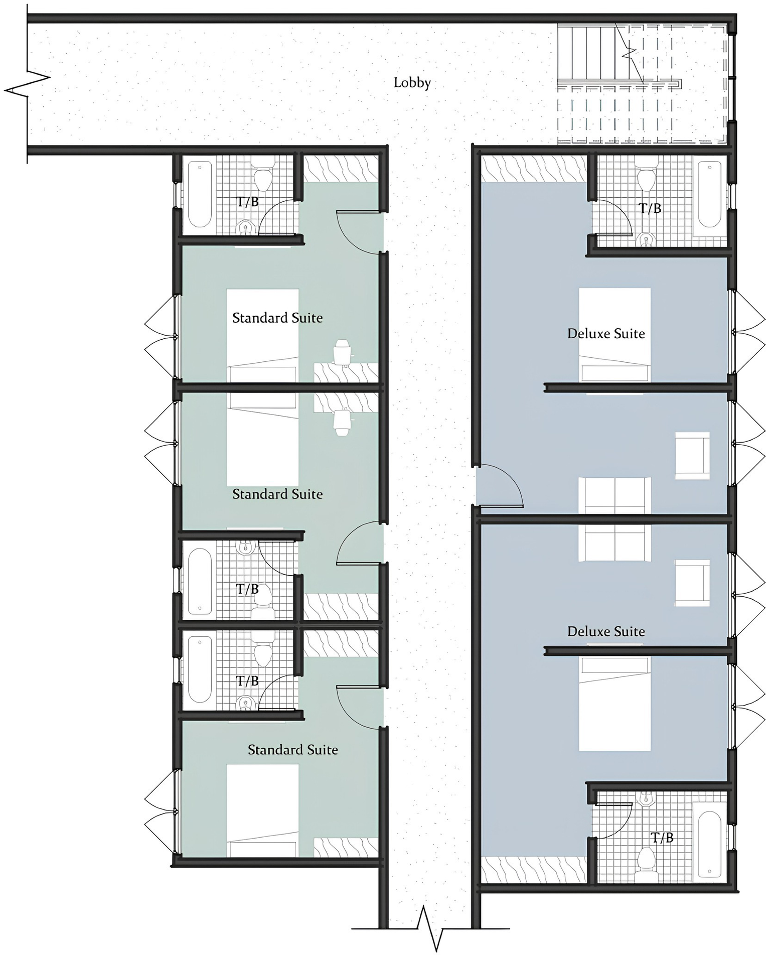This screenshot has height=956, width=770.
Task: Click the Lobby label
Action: [412, 83]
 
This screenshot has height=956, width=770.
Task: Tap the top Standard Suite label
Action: [277, 318]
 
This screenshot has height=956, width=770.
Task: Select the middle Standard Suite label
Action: [277, 494]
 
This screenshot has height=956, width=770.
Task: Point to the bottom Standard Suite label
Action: [292, 750]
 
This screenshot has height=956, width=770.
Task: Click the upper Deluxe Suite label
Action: [606, 334]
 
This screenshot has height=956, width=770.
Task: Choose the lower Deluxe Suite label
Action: [606, 631]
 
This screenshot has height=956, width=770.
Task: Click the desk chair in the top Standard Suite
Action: [342, 351]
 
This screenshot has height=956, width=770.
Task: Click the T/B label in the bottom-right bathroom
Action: [662, 838]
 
